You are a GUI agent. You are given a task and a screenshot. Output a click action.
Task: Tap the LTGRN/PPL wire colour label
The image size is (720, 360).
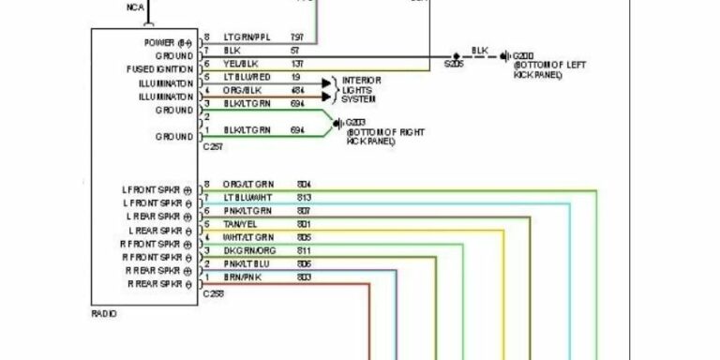click(245, 37)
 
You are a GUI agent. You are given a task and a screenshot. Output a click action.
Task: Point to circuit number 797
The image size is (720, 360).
click(298, 37)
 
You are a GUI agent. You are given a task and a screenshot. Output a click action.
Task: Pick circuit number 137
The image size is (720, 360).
click(298, 63)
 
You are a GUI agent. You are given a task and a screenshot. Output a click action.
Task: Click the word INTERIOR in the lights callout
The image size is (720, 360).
click(362, 81)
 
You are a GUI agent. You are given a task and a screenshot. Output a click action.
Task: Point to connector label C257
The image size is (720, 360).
click(214, 147)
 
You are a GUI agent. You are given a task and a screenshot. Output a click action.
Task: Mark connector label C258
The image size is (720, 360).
click(214, 293)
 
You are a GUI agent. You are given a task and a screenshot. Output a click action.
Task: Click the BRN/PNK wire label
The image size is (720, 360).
click(238, 277)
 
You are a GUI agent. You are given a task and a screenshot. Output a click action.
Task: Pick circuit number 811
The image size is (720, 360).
click(303, 250)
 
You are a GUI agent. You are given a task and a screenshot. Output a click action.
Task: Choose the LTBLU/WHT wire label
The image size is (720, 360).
click(247, 197)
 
